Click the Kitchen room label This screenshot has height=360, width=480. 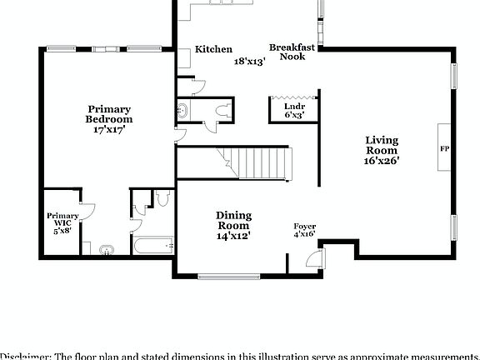point(213,49)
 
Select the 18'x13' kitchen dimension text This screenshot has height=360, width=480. point(249,62)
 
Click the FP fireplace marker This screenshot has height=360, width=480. point(444,148)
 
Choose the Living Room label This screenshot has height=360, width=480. point(382,145)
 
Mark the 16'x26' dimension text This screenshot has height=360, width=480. point(382,162)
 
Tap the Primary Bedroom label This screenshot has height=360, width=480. point(110,114)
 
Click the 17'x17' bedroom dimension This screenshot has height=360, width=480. point(110,130)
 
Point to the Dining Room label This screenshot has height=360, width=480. point(233,220)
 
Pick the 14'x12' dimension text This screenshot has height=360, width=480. point(233,236)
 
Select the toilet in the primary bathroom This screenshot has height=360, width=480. point(162,197)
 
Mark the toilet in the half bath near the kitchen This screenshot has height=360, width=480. point(221,111)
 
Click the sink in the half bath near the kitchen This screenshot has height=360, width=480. point(182,109)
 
